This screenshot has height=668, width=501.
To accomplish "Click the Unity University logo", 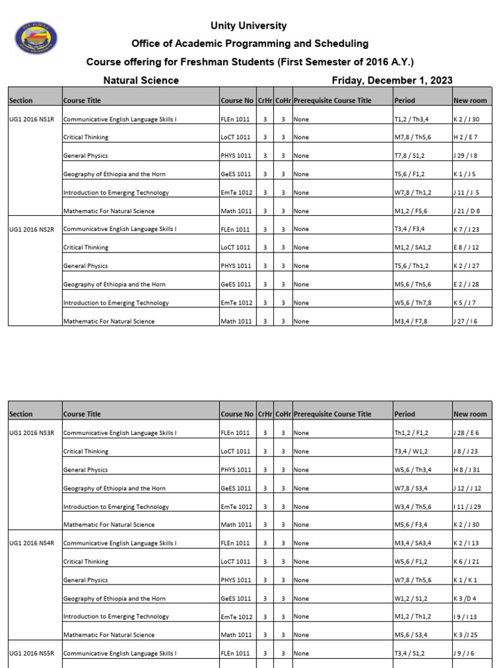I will [x=35, y=38].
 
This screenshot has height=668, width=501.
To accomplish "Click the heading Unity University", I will [x=248, y=26].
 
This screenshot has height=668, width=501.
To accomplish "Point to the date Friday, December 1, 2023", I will [x=392, y=81].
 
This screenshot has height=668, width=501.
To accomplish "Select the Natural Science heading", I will [x=141, y=81].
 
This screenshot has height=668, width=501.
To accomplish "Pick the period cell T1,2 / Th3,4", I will [x=411, y=119].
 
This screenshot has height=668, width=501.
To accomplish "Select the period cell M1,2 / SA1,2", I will [x=414, y=248].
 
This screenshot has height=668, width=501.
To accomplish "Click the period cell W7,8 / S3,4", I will [x=411, y=489].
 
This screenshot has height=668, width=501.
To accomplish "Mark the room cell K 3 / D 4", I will [x=465, y=598].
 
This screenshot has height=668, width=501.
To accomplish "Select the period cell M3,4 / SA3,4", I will [x=414, y=543].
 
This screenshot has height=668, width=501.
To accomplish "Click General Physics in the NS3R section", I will [x=85, y=470].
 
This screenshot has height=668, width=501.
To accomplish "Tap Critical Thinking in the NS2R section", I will [x=85, y=248].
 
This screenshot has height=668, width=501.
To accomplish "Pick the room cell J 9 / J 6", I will [x=464, y=653].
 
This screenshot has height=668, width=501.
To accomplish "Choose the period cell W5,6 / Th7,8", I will [x=412, y=303].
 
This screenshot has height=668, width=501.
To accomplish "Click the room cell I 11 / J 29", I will [x=466, y=507].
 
